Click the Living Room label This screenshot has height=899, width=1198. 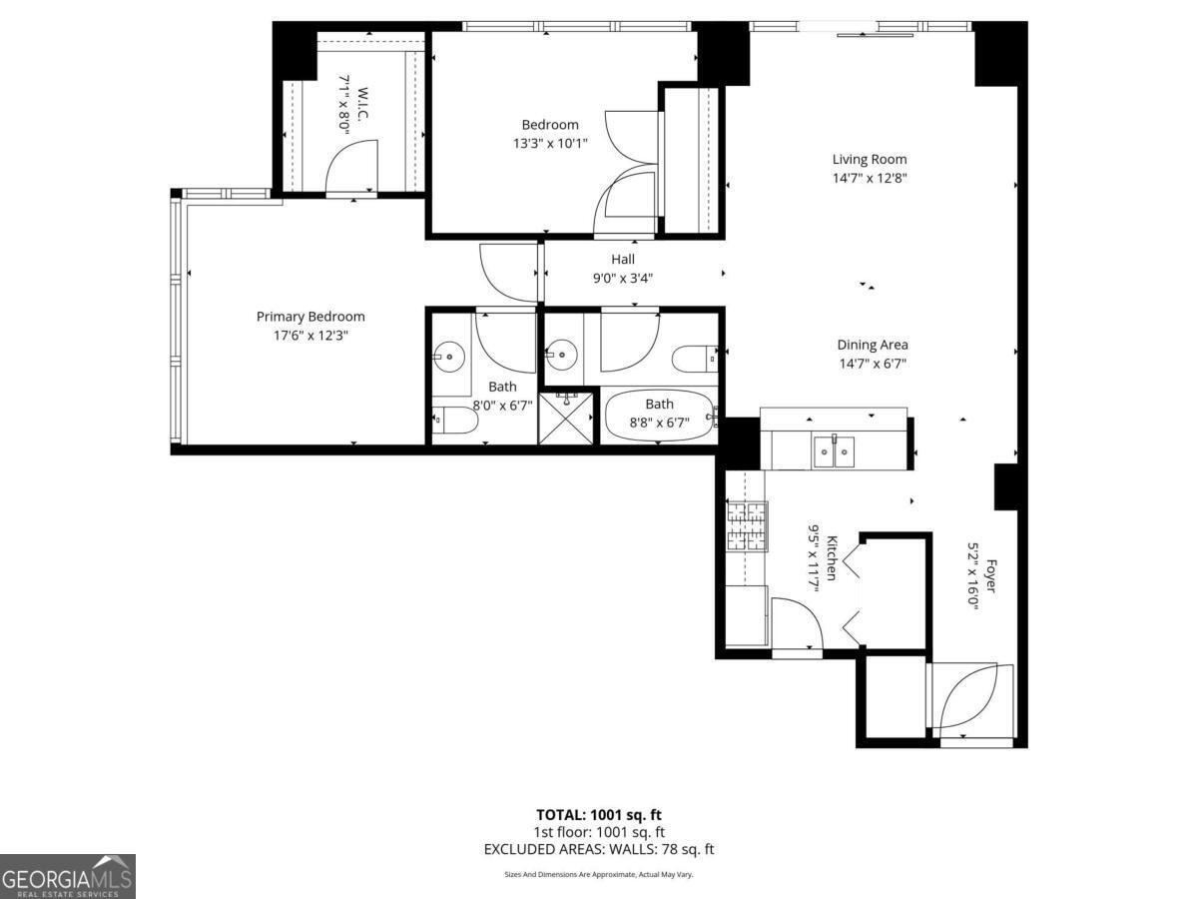tap(870, 159)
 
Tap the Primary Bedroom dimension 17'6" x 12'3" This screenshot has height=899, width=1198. tap(310, 336)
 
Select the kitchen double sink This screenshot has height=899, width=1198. tap(834, 451)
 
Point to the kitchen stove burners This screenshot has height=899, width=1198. tap(747, 525)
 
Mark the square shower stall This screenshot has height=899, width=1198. tap(567, 419)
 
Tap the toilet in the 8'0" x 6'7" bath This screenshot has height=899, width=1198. tap(456, 422)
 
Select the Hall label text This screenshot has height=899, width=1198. tap(623, 260)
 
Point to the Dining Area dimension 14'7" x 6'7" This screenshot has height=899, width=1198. tap(873, 364)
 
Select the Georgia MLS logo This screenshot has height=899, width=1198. tap(67, 876)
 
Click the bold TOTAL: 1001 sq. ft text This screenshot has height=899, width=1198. tap(599, 814)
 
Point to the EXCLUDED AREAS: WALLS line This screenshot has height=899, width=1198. tap(599, 849)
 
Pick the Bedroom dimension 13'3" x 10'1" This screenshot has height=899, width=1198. tap(550, 143)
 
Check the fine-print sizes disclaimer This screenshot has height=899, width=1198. tap(599, 874)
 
